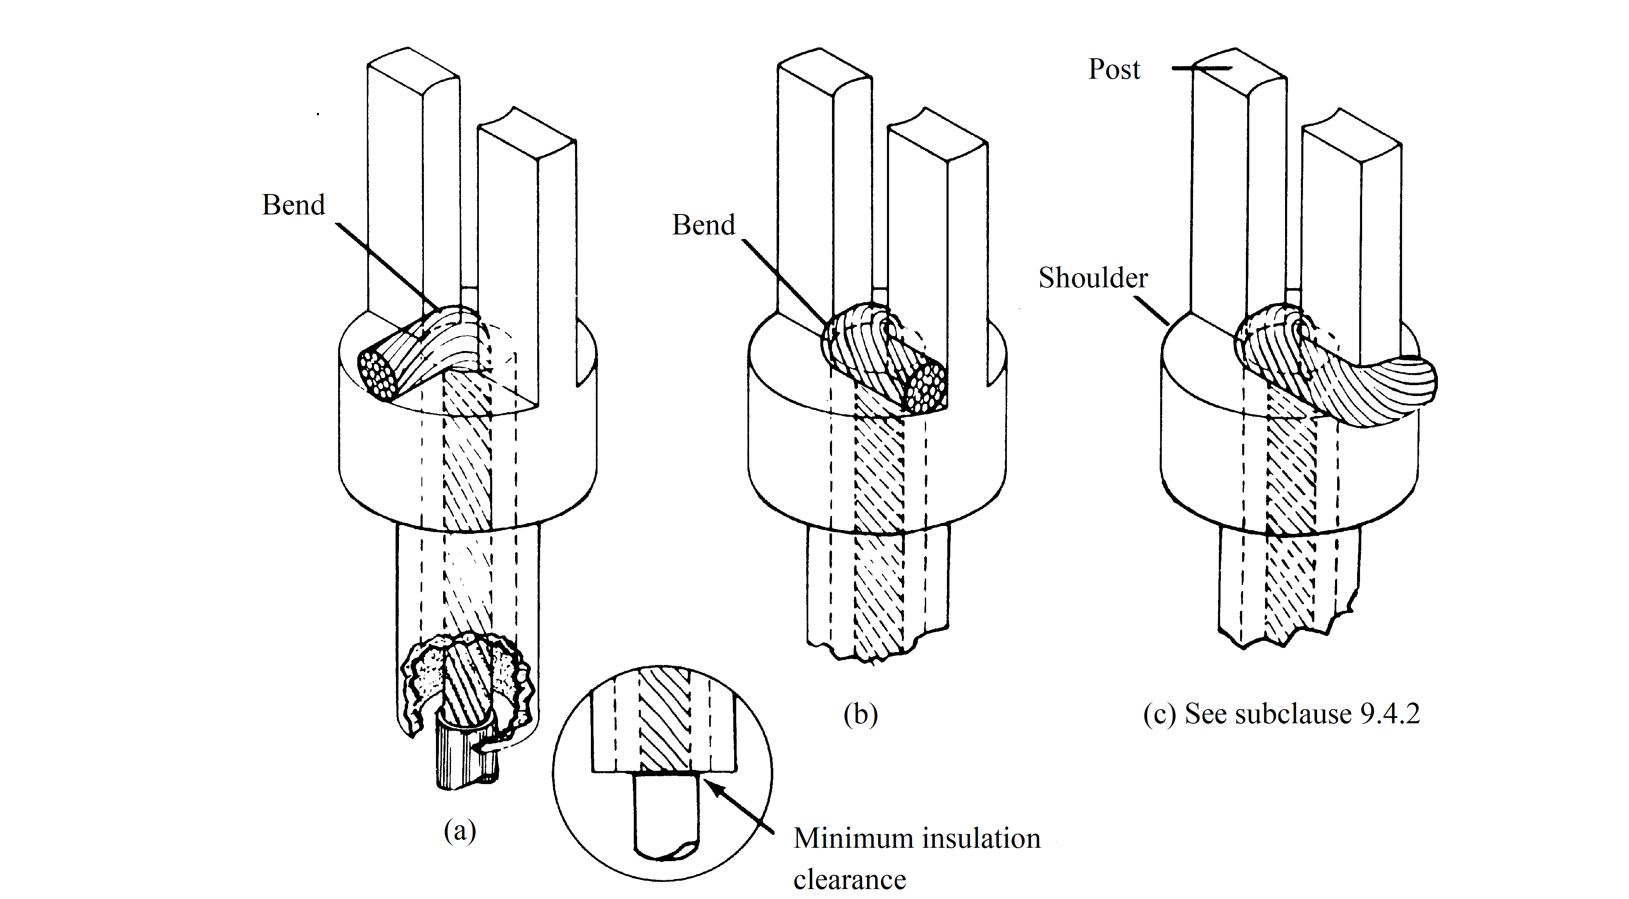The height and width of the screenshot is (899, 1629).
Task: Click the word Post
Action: coord(1114,70)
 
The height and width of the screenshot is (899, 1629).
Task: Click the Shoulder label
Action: coord(1093,278)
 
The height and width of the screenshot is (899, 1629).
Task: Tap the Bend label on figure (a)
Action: coord(294,205)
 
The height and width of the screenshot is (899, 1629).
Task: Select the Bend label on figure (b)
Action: coord(703,225)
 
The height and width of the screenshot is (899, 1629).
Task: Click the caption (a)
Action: coord(460,831)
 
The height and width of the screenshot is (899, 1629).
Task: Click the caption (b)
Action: coord(861,715)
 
